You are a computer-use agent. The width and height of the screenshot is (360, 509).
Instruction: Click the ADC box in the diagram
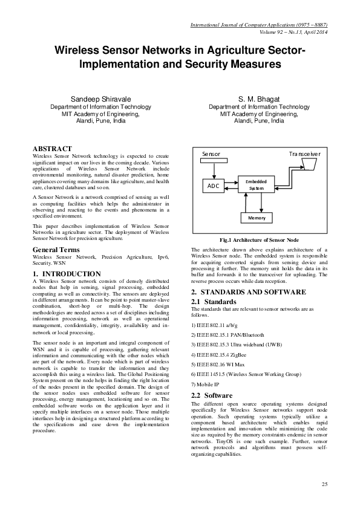click(x=214, y=186)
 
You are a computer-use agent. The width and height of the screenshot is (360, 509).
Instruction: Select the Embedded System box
click(x=256, y=184)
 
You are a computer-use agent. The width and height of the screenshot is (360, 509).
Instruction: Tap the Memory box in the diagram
click(x=257, y=217)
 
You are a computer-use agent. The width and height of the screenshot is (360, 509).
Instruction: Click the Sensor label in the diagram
click(x=211, y=154)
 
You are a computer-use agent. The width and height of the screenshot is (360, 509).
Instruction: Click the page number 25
click(x=324, y=485)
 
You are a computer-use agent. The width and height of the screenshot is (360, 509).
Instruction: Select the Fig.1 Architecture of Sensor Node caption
click(x=260, y=239)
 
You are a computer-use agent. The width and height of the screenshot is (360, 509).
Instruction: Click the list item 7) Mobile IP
click(x=208, y=384)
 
